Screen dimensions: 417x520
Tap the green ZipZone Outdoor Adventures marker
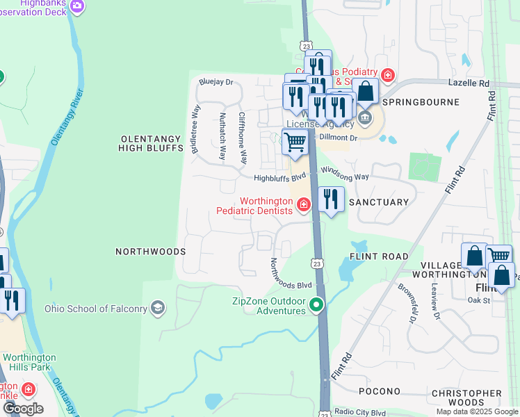tap(317, 304)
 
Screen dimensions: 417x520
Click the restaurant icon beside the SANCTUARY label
tap(331, 200)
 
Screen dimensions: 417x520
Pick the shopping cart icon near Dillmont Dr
tap(295, 142)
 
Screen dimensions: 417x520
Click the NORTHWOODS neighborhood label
tap(150, 251)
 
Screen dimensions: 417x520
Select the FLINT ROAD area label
tap(379, 256)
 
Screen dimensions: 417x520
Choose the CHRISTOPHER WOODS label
tap(466, 398)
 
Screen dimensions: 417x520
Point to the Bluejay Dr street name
tap(216, 82)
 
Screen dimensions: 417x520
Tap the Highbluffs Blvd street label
tap(280, 178)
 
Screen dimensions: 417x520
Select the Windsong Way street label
tap(344, 177)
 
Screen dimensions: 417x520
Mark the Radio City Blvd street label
tap(360, 411)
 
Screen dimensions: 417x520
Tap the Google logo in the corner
tap(22, 408)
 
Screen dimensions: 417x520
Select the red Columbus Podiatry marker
tap(388, 74)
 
